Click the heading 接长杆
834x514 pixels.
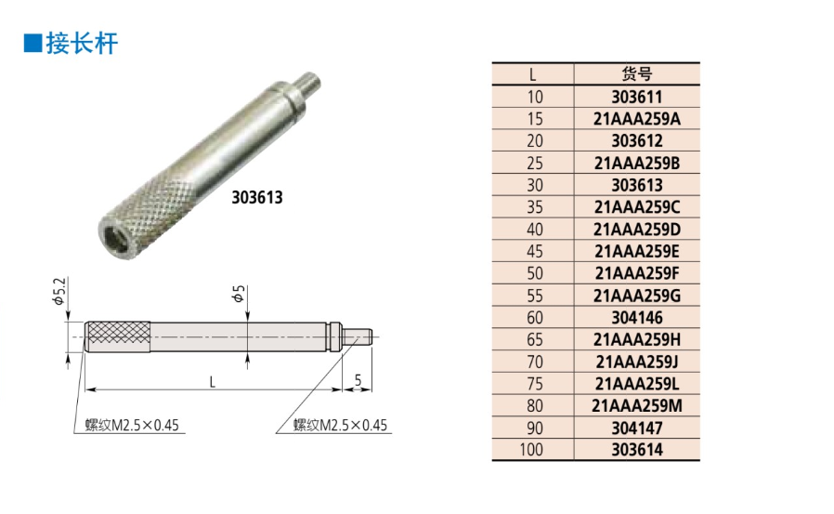point(82,43)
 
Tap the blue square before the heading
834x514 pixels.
point(33,43)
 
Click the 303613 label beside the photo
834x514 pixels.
point(257,197)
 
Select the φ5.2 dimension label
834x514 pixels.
point(59,292)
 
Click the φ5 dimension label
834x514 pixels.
point(239,294)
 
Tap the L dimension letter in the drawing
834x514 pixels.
point(213,381)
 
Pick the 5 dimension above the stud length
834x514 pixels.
point(358,380)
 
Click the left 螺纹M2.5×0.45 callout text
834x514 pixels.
point(132,425)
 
